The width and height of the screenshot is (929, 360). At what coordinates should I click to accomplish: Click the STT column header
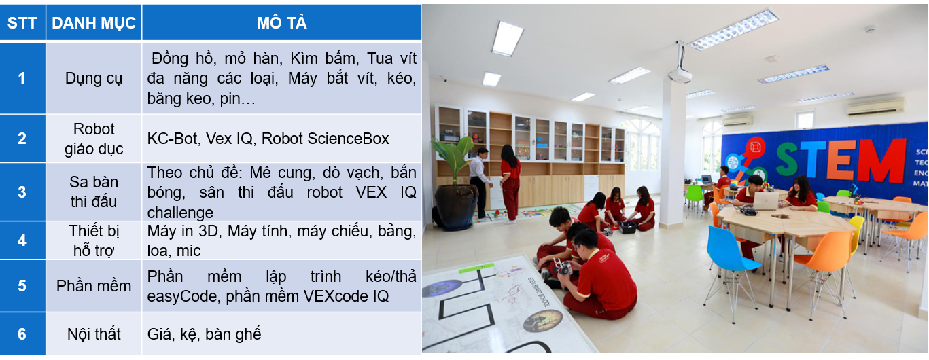tap(22, 22)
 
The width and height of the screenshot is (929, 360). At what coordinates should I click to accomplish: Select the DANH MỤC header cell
tap(94, 22)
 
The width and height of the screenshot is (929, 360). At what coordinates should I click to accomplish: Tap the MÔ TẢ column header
tap(281, 22)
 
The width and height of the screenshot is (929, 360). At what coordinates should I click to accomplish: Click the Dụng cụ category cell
tap(94, 78)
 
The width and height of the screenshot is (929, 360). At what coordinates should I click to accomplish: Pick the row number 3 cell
tap(22, 192)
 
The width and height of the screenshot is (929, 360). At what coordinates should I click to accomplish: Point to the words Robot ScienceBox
tap(325, 139)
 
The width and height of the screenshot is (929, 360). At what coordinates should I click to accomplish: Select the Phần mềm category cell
tap(94, 286)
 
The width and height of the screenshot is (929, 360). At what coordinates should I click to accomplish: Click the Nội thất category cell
tap(94, 334)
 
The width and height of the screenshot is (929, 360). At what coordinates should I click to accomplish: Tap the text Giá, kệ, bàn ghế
tap(204, 334)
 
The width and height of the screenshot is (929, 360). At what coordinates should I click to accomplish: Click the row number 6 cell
tap(22, 334)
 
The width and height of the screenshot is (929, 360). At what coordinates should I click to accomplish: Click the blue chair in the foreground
tap(732, 266)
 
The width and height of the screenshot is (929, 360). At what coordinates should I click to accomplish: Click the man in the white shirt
tap(479, 183)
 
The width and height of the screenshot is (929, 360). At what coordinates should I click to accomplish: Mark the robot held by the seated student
tap(561, 267)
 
